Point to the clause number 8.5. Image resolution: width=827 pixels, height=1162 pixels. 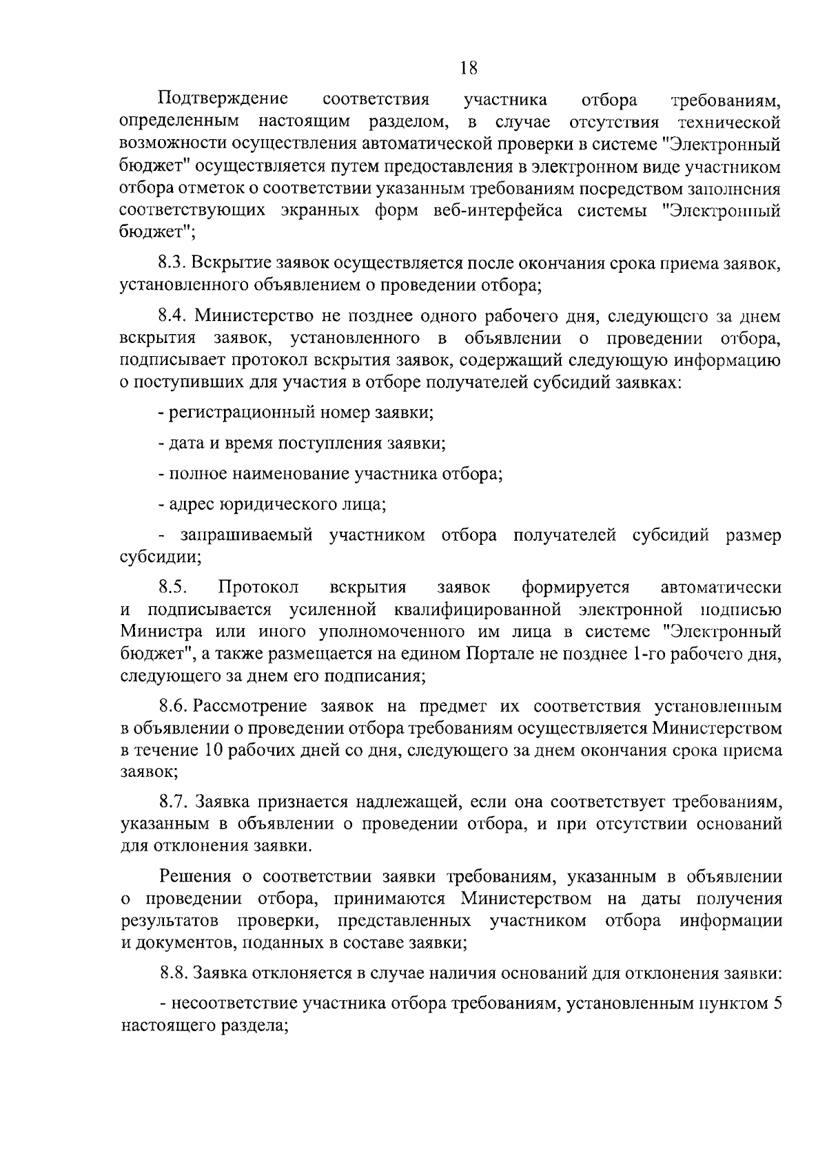point(173,588)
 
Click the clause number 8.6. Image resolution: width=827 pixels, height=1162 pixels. point(174,706)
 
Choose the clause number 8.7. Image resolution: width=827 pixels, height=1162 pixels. point(174,802)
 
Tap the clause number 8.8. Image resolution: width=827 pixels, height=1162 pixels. point(174,973)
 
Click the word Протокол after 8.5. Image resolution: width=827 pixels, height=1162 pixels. point(259,588)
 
